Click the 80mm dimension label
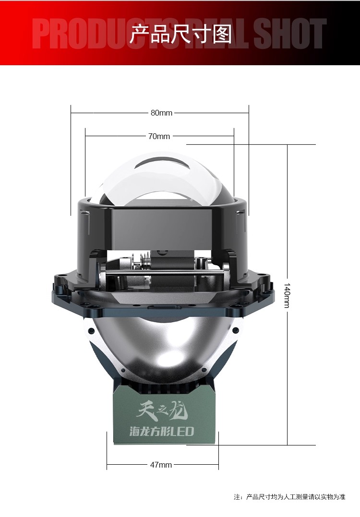tap(161, 113)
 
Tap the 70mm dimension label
tap(159, 136)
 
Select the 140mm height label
tap(287, 295)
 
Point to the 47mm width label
tap(161, 465)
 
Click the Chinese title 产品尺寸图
tap(180, 34)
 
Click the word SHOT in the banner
tap(290, 33)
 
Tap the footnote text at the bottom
tap(289, 496)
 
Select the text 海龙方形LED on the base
tap(161, 431)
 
